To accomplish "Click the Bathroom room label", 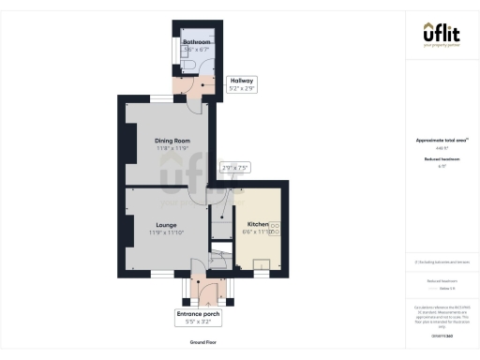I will pyautogui.click(x=196, y=42).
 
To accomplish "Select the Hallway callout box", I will pyautogui.click(x=241, y=83).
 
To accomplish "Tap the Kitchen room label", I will pyautogui.click(x=258, y=225).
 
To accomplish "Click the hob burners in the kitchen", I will pyautogui.click(x=275, y=228).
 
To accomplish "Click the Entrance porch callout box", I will pyautogui.click(x=198, y=316).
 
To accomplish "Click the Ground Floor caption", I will pyautogui.click(x=203, y=343).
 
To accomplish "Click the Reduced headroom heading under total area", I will pyautogui.click(x=441, y=160).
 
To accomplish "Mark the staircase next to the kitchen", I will pyautogui.click(x=221, y=257).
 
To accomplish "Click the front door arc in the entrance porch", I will pyautogui.click(x=198, y=285).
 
